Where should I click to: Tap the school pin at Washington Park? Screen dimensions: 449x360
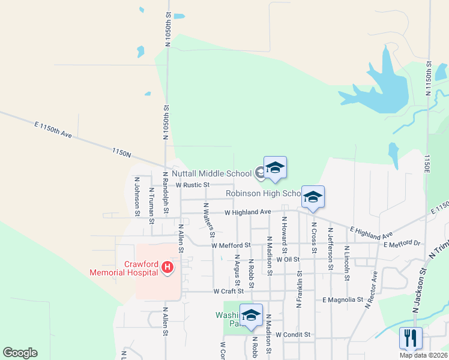pos(251,316)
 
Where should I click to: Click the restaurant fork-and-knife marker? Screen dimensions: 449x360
pos(411,338)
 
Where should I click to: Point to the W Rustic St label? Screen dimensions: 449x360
pos(188,185)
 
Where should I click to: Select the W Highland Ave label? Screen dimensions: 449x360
pos(248,212)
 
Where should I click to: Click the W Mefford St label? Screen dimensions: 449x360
pos(231,245)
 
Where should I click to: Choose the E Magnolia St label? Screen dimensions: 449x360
pos(343,299)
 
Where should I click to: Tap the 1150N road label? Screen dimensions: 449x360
pos(121,153)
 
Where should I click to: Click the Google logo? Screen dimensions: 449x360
pos(20,353)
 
